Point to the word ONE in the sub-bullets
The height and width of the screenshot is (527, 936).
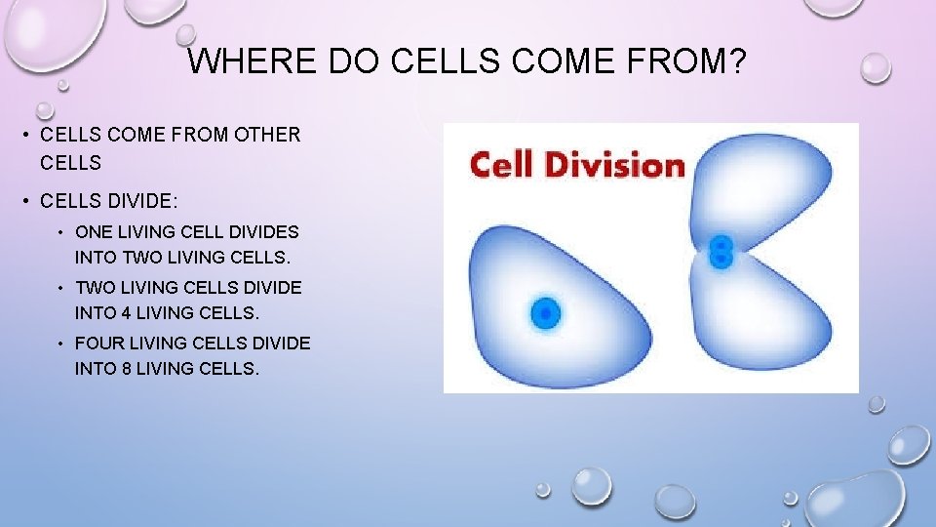point(94,232)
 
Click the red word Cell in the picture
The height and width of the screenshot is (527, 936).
point(501,164)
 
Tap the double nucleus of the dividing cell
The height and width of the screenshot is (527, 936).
point(721,251)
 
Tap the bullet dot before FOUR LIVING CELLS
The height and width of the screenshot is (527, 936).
point(60,344)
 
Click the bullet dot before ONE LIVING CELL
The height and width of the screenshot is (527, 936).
point(60,232)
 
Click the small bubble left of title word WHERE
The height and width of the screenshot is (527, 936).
point(185,35)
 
